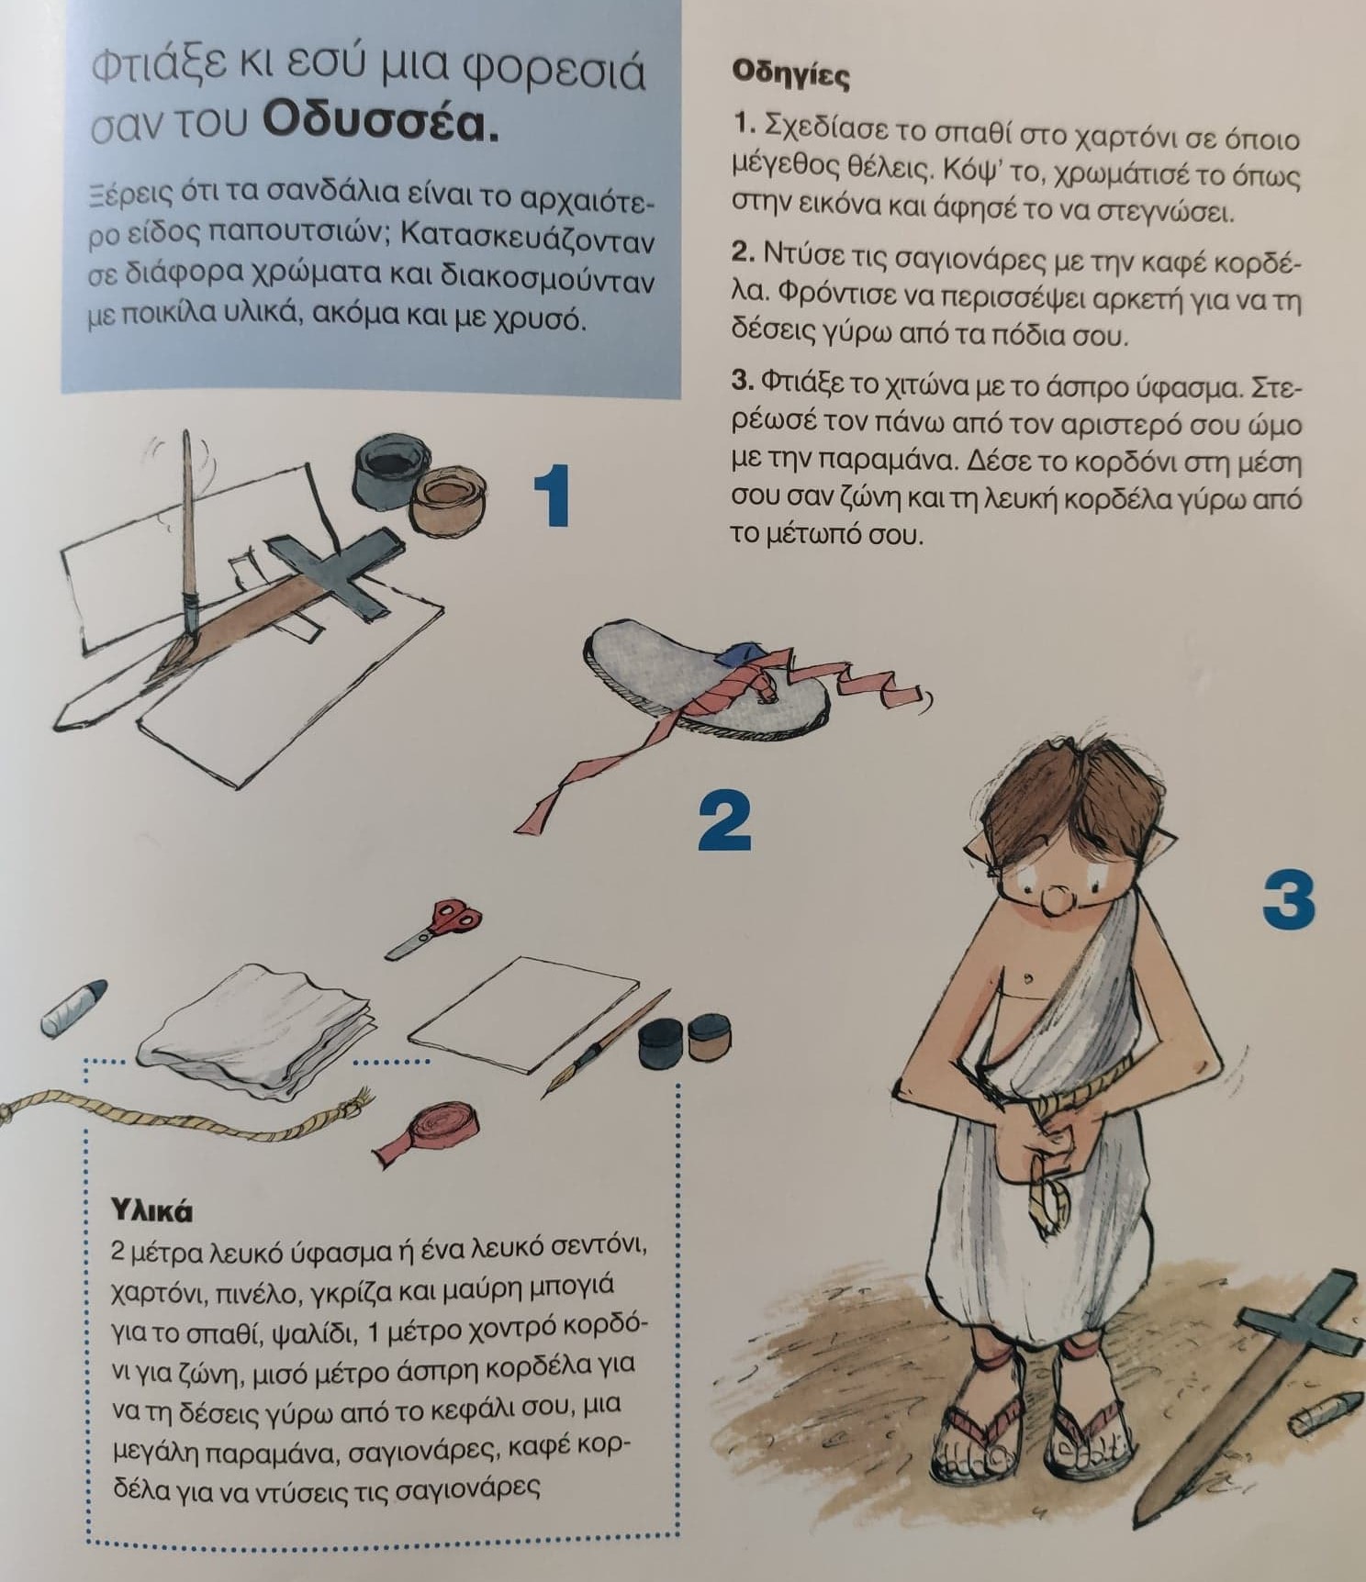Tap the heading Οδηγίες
click(x=789, y=73)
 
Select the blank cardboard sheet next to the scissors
click(x=523, y=1014)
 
